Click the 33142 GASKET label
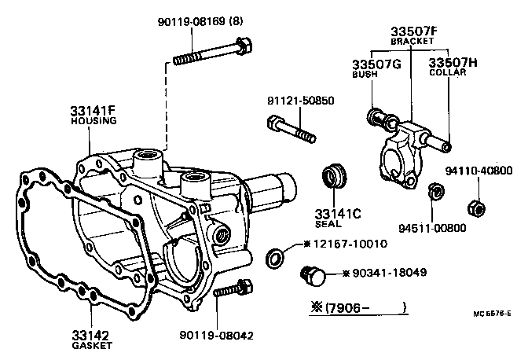coord(92,339)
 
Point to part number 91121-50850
coord(299,101)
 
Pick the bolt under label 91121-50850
coord(291,130)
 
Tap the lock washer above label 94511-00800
coord(434,192)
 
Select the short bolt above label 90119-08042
coord(230,291)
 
